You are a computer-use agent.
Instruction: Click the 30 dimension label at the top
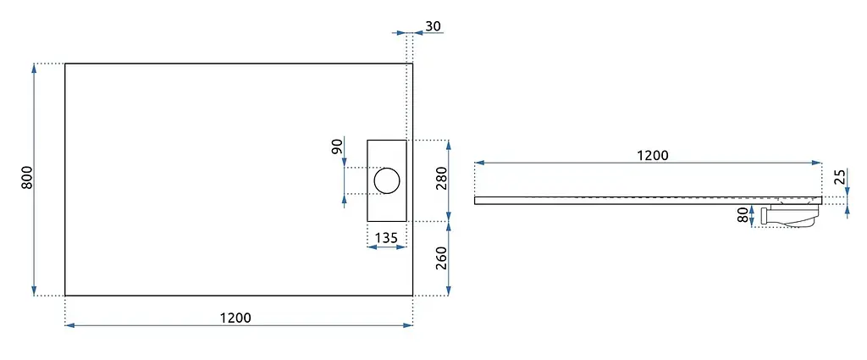433,25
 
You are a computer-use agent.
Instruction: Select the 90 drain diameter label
338,147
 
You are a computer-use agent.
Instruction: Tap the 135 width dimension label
386,238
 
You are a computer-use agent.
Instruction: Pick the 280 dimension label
441,178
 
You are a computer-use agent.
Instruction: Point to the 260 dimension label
441,258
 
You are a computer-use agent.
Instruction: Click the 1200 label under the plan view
235,318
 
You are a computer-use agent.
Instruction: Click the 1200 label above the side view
653,155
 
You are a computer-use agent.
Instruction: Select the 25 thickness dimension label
840,177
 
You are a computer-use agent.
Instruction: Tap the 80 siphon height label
745,215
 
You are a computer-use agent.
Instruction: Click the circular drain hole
386,180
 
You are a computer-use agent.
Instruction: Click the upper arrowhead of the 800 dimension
34,68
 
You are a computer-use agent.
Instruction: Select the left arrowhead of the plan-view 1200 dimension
69,325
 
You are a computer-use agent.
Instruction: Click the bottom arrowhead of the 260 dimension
449,291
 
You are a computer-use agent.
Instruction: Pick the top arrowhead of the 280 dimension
449,145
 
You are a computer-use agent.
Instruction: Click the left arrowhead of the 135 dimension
372,247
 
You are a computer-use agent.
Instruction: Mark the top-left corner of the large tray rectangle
65,64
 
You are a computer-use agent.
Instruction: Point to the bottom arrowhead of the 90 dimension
345,199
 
